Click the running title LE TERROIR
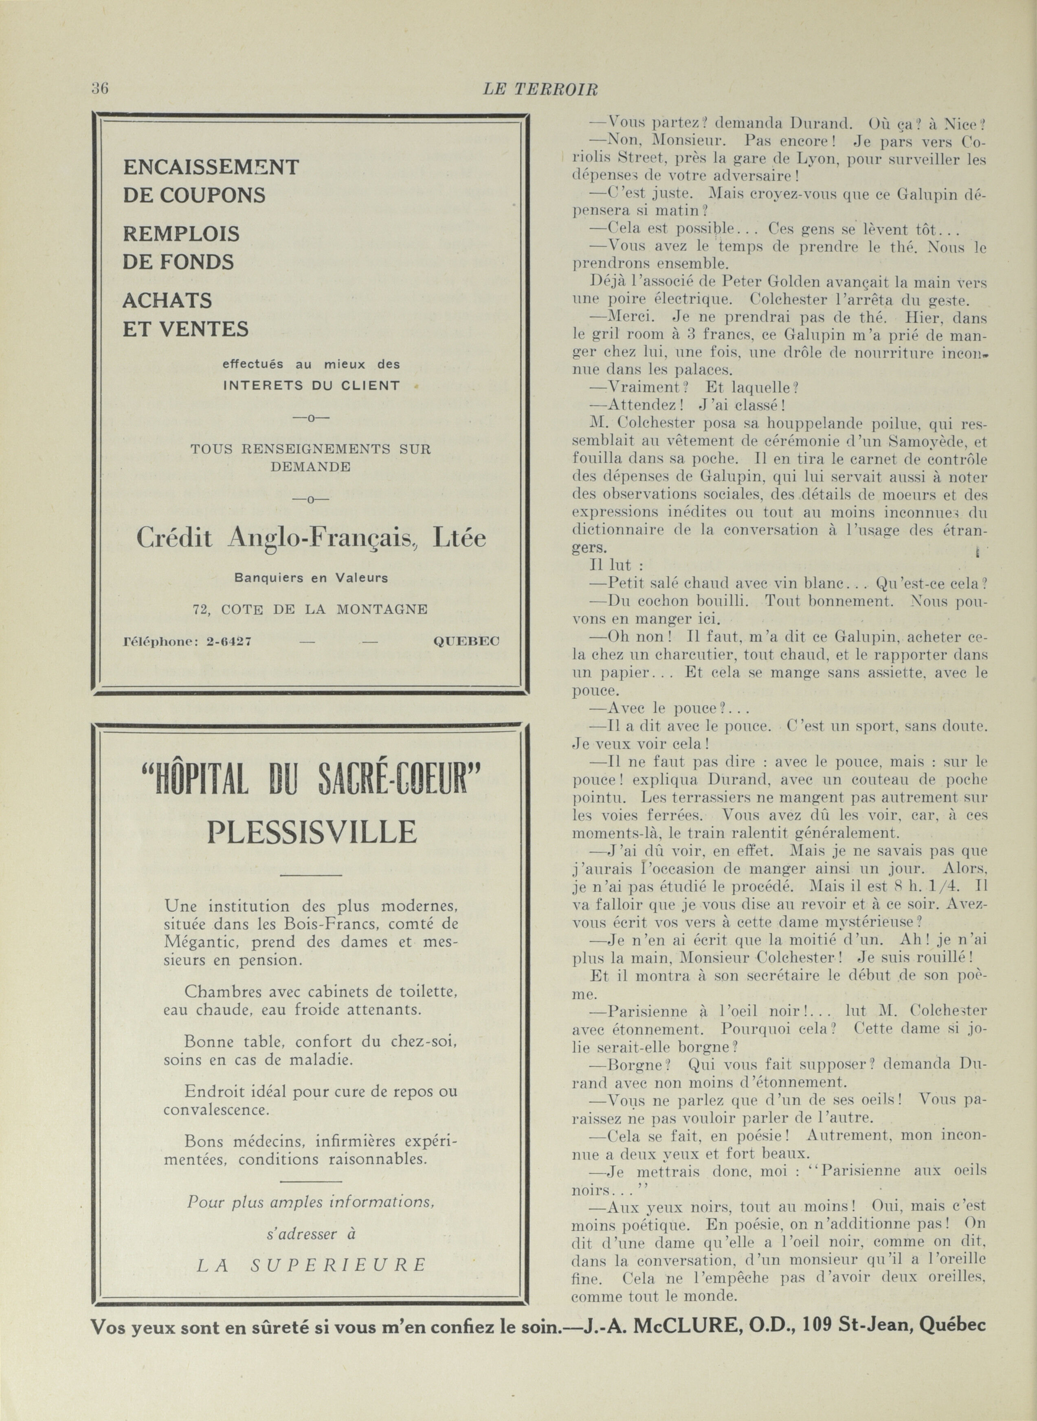(540, 90)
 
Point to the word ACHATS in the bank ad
(167, 301)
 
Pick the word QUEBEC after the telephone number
(466, 641)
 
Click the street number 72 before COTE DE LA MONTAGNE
(201, 609)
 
